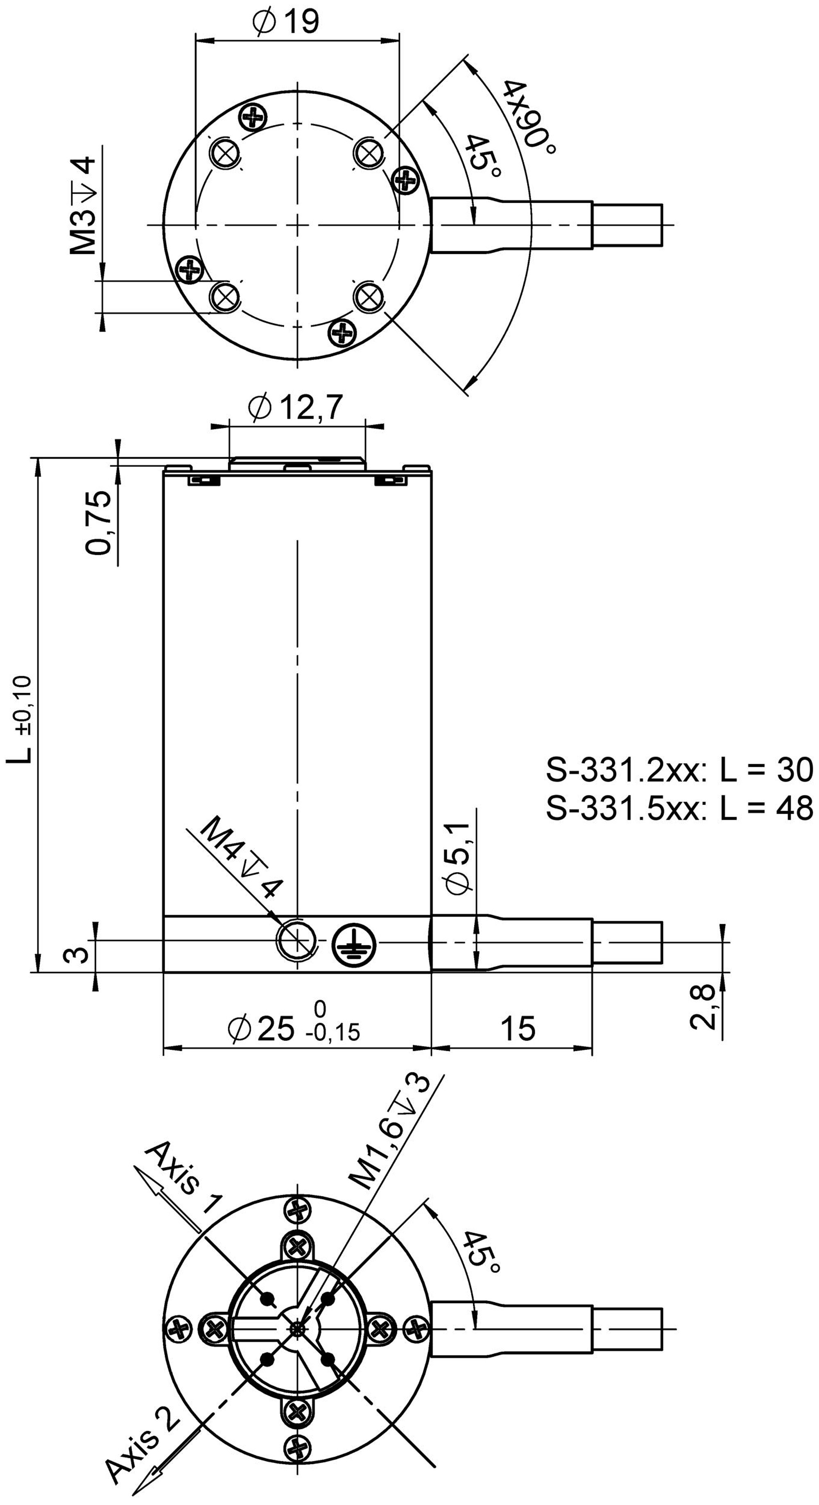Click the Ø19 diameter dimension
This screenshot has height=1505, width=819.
(x=286, y=22)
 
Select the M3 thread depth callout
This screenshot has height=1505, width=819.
(x=83, y=204)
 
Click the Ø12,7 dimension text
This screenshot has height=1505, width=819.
(x=295, y=407)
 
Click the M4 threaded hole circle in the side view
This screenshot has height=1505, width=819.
(x=297, y=942)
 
